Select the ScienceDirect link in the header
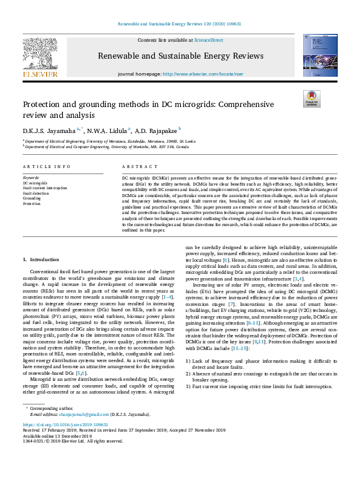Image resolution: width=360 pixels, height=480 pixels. pos(208,40)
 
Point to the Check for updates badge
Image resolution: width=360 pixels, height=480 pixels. pos(311,99)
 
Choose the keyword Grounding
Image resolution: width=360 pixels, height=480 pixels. pos(31,198)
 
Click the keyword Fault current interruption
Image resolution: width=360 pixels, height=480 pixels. pos(45,187)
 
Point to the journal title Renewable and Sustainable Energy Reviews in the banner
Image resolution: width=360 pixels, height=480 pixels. pos(180,56)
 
